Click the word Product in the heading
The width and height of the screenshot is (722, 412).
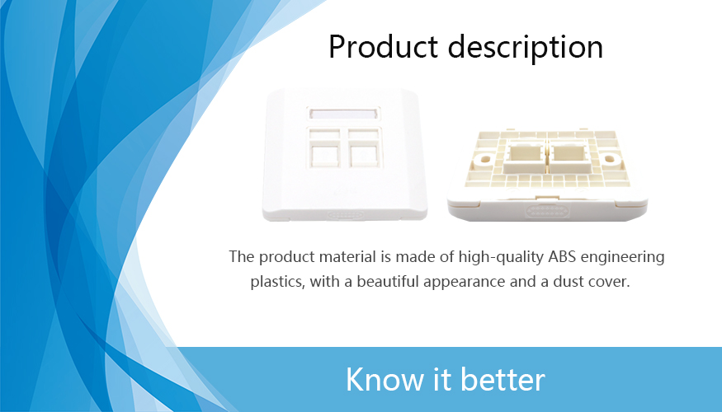coord(383,47)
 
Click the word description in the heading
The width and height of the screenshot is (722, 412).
coord(526,48)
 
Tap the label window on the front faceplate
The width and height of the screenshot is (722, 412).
coord(343,114)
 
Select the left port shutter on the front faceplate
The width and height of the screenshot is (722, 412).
coord(324,147)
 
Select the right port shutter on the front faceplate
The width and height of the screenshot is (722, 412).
coord(365,147)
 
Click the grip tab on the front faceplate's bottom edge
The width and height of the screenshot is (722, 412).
coord(345,215)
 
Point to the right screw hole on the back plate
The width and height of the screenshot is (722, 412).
coord(609,159)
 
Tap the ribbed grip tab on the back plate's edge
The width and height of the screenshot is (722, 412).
coord(548,211)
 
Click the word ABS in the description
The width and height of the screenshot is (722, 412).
coord(562,256)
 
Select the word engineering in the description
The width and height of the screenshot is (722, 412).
coord(622,257)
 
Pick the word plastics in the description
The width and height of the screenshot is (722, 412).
coord(277,282)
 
